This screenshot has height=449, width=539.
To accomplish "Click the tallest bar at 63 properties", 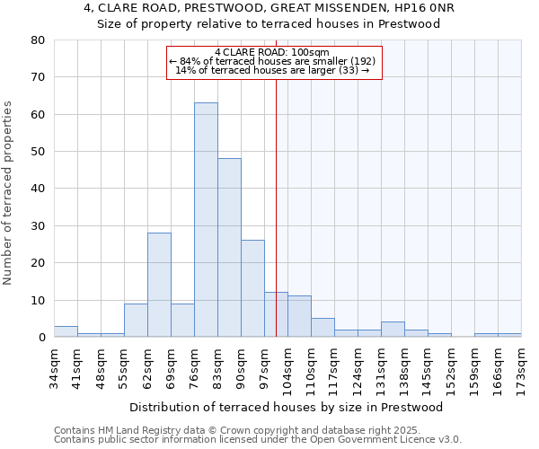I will [x=206, y=220].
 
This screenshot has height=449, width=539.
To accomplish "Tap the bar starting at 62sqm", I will [x=159, y=285].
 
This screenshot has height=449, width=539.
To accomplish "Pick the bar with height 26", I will [x=252, y=288].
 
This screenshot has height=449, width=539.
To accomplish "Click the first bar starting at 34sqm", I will [x=66, y=331].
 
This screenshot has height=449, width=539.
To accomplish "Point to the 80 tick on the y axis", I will [x=38, y=40].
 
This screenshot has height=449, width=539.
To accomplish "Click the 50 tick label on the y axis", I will [x=38, y=152].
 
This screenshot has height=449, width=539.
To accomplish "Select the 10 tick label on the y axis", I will [x=38, y=300].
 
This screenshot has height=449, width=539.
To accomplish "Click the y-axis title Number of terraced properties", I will [x=8, y=192].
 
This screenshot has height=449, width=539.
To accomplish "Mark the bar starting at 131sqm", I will [x=393, y=329].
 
